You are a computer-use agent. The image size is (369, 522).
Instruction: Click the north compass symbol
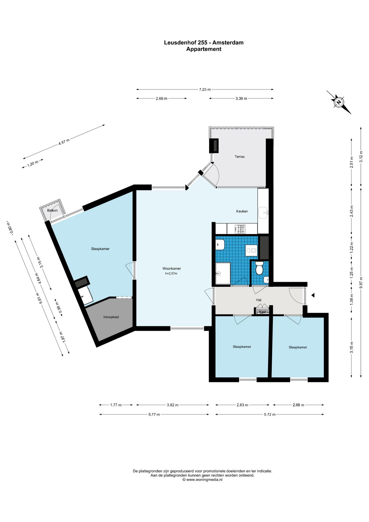coord(339,102)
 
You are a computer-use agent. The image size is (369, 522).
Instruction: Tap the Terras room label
coord(240,157)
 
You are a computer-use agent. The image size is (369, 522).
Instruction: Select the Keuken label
coord(242,211)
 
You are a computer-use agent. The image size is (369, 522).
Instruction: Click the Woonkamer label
coord(171,269)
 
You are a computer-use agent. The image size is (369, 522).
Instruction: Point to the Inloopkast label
coord(111,317)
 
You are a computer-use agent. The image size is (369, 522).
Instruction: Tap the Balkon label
coord(52,210)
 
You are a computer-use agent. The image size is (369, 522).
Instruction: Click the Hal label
coord(259,300)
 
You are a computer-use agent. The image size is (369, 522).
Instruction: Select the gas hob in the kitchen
coord(240,229)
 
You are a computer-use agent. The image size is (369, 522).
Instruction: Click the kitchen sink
coord(263,213)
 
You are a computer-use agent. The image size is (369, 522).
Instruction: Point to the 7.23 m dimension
coord(205,89)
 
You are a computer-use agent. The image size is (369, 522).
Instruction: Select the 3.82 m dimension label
coord(173,405)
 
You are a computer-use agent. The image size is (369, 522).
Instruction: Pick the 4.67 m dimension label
coord(64,142)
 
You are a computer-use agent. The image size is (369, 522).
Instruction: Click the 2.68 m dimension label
coord(298,405)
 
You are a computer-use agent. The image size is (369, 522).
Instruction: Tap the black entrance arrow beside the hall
coord(313,295)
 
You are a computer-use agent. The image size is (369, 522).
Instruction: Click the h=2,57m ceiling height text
coord(171,274)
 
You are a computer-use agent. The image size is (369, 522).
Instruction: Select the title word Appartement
coord(204,49)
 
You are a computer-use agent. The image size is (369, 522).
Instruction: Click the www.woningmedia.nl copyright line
coord(202,480)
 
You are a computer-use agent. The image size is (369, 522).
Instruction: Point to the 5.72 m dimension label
coord(270,414)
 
